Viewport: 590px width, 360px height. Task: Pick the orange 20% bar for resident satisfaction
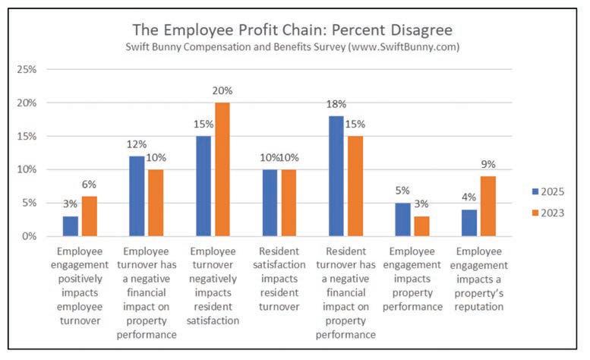point(222,169)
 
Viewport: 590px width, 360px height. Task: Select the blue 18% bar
point(335,176)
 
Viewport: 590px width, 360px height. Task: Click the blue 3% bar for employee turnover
point(71,226)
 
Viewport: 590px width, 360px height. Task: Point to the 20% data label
point(222,91)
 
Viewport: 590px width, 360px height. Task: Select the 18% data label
point(335,105)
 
